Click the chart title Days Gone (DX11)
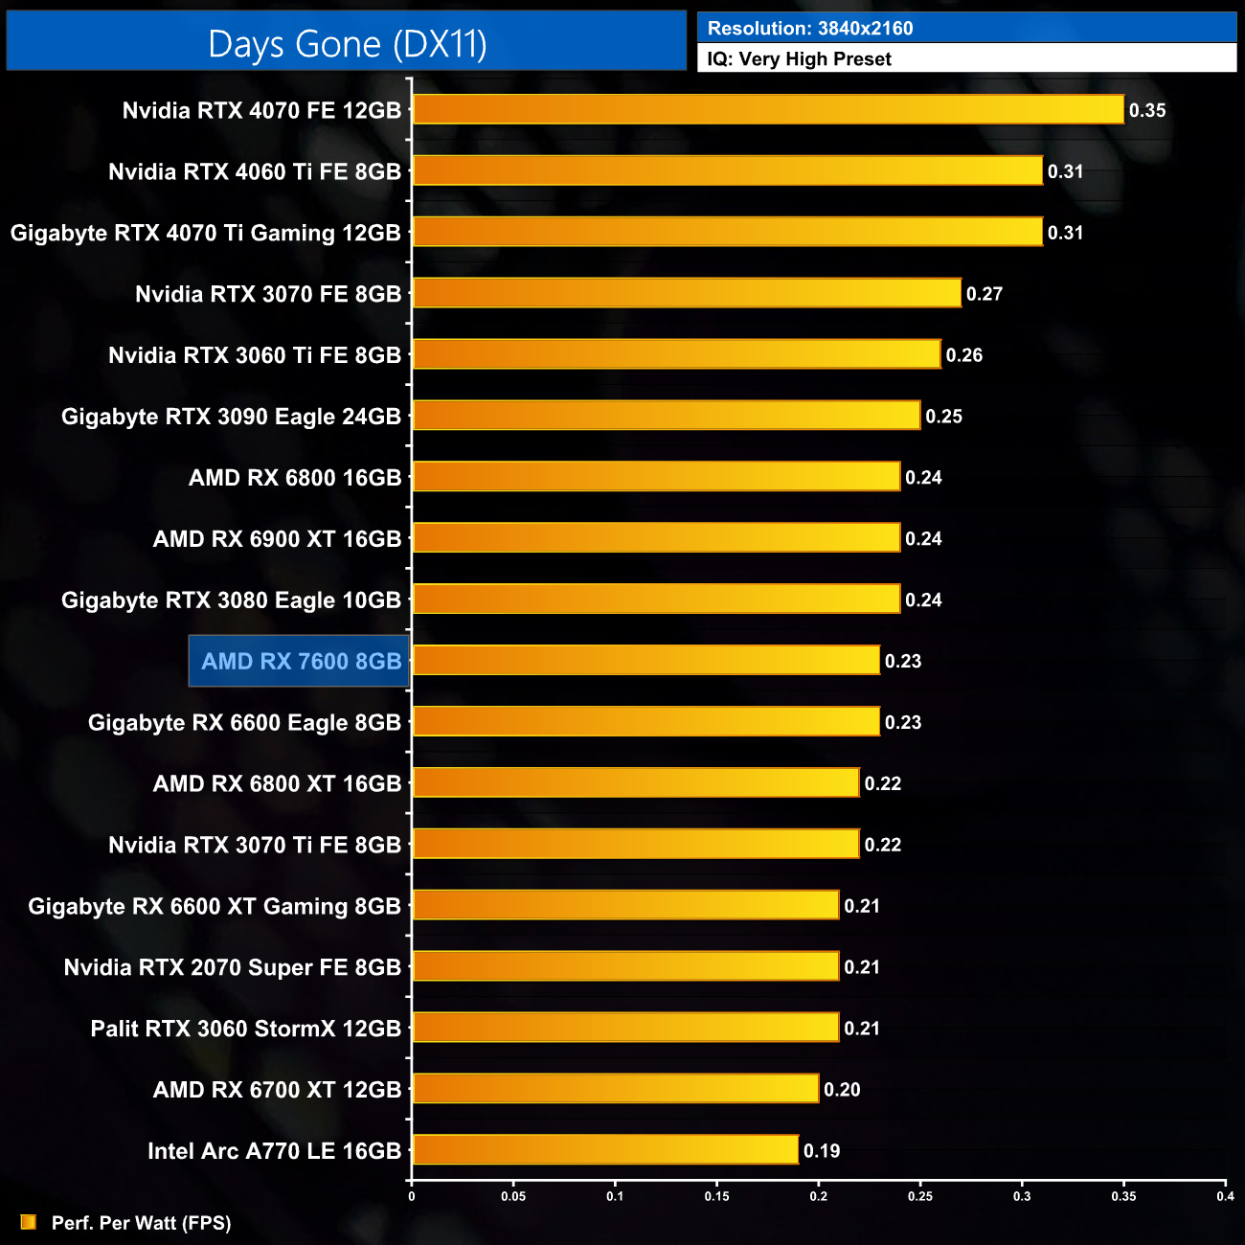click(347, 44)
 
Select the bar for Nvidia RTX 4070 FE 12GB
click(768, 109)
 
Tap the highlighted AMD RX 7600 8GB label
click(301, 661)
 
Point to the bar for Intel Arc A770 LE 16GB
click(605, 1149)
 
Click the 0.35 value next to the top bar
click(1146, 110)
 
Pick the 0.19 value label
click(821, 1150)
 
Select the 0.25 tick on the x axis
click(919, 1196)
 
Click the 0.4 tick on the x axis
click(1225, 1196)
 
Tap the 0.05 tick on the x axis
click(513, 1196)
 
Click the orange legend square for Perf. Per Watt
click(29, 1222)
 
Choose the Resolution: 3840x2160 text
click(810, 29)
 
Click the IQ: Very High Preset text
click(799, 59)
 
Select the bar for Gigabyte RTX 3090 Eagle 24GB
click(667, 416)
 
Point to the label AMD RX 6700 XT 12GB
click(277, 1090)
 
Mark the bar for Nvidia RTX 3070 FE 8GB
click(687, 293)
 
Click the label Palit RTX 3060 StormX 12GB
click(245, 1029)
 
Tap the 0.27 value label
click(984, 294)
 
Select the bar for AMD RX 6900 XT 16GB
click(656, 538)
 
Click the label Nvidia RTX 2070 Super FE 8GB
click(232, 967)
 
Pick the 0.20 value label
click(842, 1090)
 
